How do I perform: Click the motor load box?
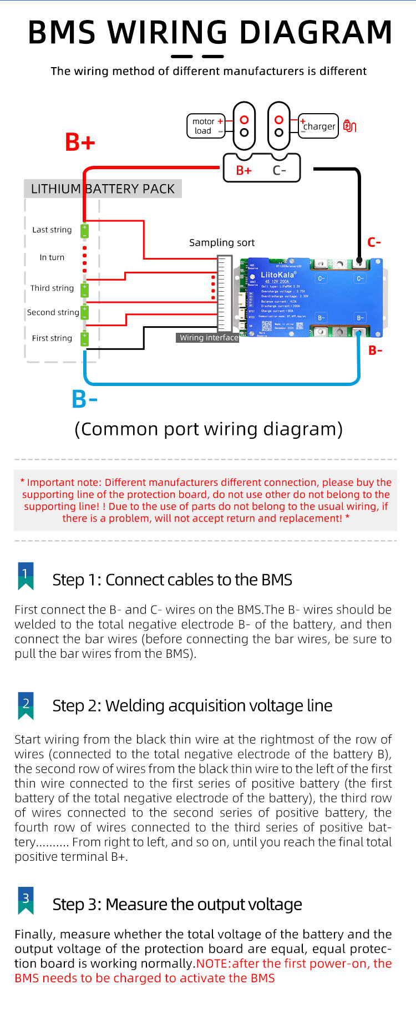(205, 126)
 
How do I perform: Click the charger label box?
(319, 126)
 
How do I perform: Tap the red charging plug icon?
(349, 126)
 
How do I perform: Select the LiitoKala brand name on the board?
(277, 275)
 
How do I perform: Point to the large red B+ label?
(80, 142)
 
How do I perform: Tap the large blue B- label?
(84, 399)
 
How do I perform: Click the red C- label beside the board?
(374, 242)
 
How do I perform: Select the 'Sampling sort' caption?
(222, 242)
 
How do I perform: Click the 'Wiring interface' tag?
(209, 337)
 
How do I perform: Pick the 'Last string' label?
(52, 230)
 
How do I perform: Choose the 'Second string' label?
(53, 312)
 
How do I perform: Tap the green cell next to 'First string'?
(85, 338)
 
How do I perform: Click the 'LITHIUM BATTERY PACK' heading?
(103, 189)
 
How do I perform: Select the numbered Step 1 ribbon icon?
(26, 576)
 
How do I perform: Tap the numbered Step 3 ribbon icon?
(26, 900)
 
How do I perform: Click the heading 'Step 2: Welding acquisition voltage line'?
(192, 706)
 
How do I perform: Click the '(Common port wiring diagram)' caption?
(209, 429)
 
